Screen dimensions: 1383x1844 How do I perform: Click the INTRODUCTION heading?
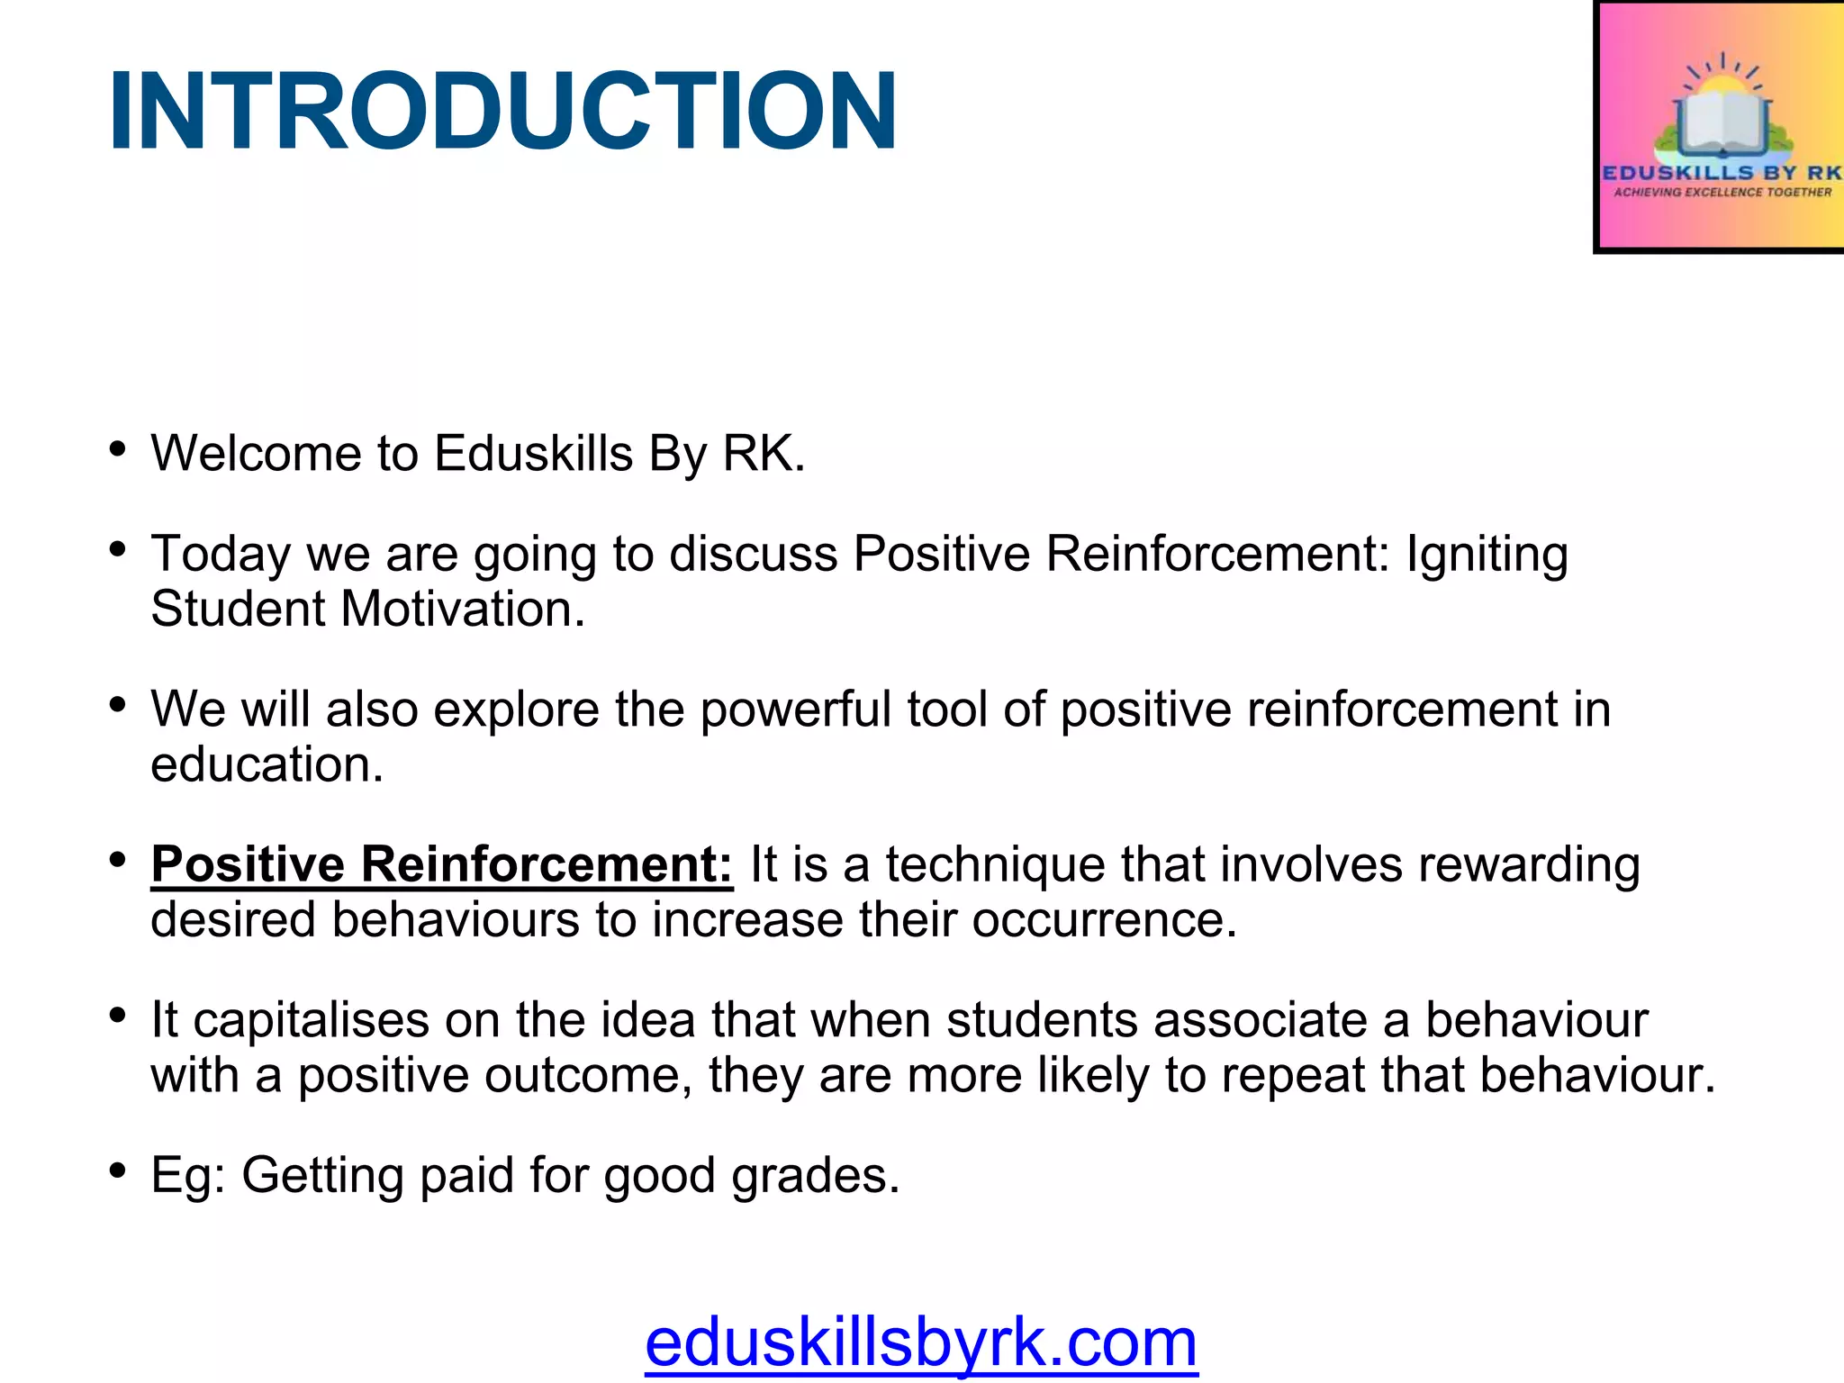[x=502, y=112]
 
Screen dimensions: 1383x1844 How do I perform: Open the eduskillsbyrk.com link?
[x=921, y=1342]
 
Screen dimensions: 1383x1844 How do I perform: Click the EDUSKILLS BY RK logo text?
[x=1722, y=172]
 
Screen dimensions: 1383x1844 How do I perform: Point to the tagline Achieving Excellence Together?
[x=1722, y=193]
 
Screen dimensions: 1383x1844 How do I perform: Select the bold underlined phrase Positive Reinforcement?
[x=442, y=865]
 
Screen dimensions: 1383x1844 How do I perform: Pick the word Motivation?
[x=463, y=610]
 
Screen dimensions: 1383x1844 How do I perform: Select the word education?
[x=267, y=765]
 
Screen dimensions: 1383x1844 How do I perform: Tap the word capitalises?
[x=311, y=1021]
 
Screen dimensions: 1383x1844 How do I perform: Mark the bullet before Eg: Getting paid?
[x=117, y=1171]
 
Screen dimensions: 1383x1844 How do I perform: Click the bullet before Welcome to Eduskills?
[x=117, y=448]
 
